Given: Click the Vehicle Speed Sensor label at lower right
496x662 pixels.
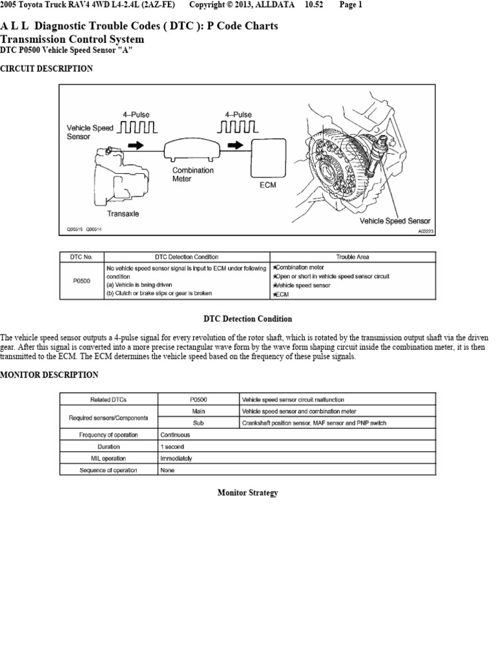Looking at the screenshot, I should [x=395, y=220].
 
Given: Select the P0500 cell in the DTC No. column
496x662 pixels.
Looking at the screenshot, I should [x=81, y=281].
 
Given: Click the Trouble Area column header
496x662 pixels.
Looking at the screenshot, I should [x=352, y=257].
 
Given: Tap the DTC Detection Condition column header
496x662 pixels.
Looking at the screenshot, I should [x=187, y=257].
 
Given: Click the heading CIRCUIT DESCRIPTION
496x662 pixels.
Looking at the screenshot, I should [x=46, y=69].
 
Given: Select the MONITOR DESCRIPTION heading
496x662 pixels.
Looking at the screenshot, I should [x=49, y=375].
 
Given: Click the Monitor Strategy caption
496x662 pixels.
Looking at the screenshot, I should [x=247, y=493].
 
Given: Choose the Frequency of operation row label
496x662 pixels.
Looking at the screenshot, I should [x=108, y=435].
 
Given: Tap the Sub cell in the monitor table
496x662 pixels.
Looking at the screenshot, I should [x=198, y=423].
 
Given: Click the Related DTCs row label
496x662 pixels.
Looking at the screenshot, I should [x=108, y=400].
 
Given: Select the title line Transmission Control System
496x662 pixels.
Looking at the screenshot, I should [x=72, y=39].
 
